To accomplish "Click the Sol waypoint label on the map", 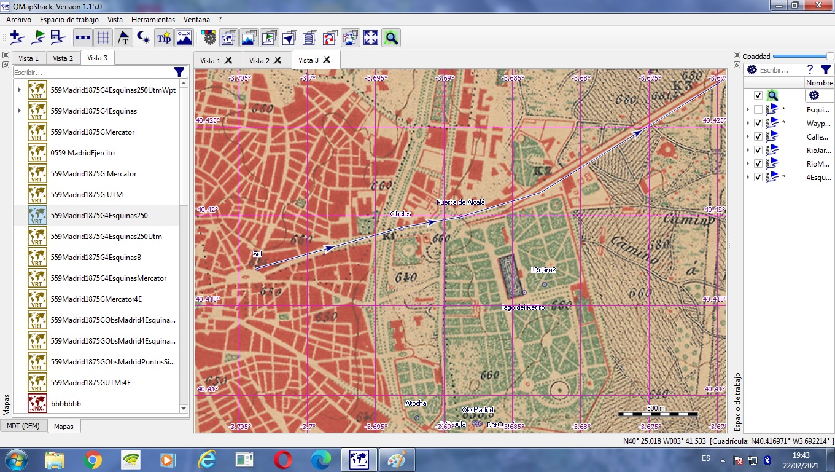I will click(257, 254).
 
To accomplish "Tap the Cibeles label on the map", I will click(400, 214).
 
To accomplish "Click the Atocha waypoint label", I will click(416, 403).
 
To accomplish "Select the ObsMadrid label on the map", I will click(478, 410).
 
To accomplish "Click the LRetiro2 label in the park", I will click(543, 270).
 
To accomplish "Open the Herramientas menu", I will click(153, 20).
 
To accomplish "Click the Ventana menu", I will click(196, 20).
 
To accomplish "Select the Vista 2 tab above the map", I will click(259, 60).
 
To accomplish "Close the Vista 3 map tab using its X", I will click(327, 60).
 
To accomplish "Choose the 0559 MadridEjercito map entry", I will click(82, 153).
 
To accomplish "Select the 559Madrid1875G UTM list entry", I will click(87, 195).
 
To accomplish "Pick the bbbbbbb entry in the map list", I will click(66, 404).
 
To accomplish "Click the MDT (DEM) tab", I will click(23, 426).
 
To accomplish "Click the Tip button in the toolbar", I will click(164, 38).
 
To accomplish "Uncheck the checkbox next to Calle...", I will click(758, 136).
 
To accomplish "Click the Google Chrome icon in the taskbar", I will click(93, 460).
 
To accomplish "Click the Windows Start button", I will click(15, 460).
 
